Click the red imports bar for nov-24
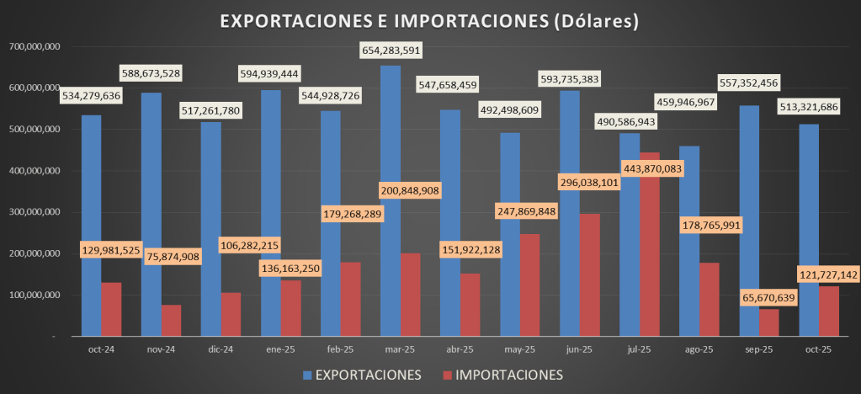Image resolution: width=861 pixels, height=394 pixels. [171, 320]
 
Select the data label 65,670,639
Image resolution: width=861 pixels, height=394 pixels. [757, 297]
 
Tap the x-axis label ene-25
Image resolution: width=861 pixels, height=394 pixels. [280, 349]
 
